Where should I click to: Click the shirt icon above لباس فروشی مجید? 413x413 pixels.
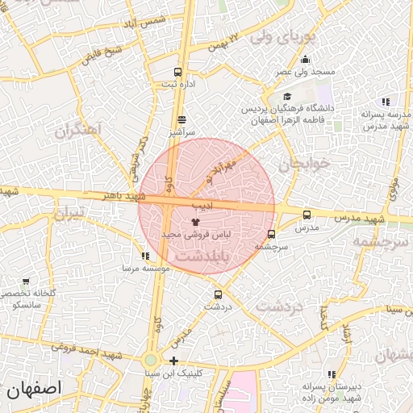click(x=194, y=220)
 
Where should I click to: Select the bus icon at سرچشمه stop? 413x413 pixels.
click(x=270, y=234)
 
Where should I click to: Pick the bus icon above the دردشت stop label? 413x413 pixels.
click(x=217, y=294)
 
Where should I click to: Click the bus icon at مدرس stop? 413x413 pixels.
click(x=307, y=215)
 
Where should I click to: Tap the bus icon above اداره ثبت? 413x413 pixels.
click(x=177, y=72)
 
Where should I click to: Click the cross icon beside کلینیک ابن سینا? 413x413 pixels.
click(x=173, y=361)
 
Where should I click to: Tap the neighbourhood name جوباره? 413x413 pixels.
click(x=305, y=164)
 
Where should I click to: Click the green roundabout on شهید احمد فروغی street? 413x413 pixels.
click(x=151, y=361)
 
